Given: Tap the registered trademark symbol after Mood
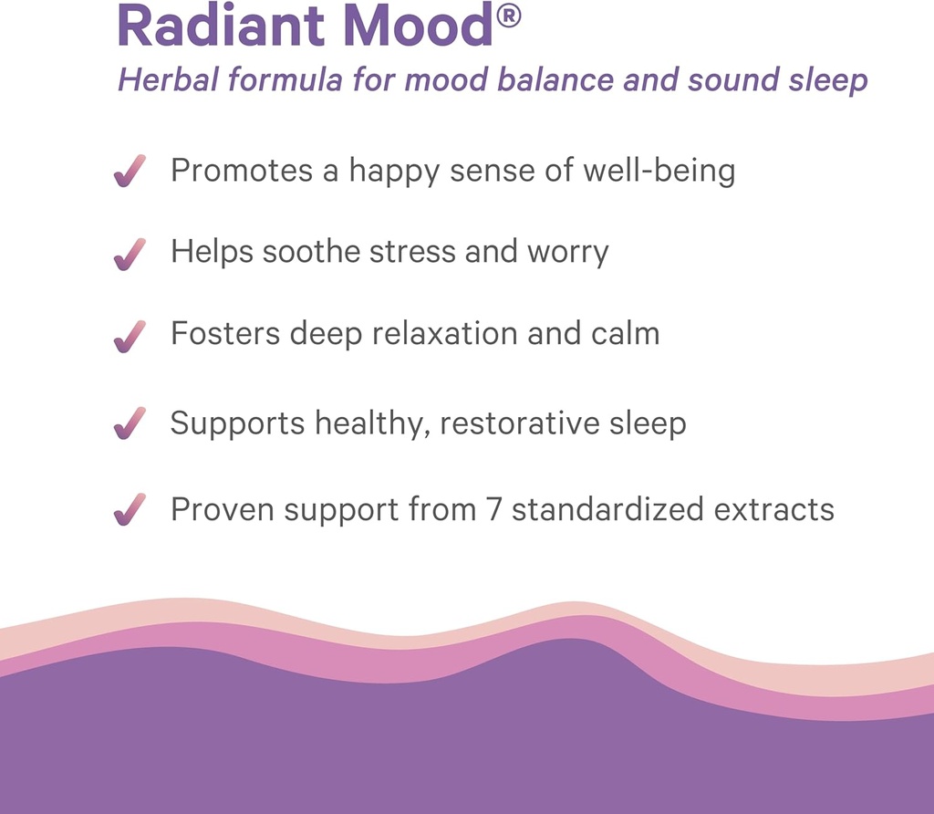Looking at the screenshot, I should click(510, 16).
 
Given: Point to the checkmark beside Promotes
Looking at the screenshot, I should click(130, 171).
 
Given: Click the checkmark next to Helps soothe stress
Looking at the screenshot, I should click(130, 253).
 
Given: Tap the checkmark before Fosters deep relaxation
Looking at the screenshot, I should click(130, 335).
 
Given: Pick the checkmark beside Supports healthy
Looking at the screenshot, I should click(130, 423).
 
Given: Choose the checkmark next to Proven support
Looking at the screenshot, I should click(130, 508).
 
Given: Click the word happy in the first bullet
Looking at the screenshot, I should click(387, 172).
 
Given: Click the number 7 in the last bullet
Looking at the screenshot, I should click(493, 508).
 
